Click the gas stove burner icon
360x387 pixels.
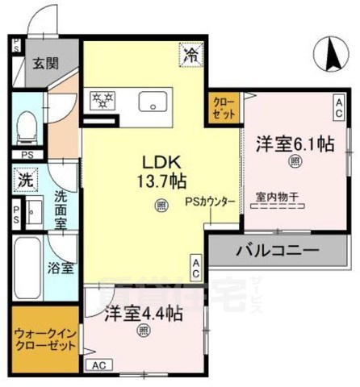[x=103, y=101]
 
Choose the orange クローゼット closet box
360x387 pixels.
[x=223, y=108]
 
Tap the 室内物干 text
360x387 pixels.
[x=277, y=197]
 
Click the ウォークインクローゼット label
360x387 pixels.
[x=45, y=338]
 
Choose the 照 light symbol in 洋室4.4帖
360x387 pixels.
[x=143, y=329]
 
